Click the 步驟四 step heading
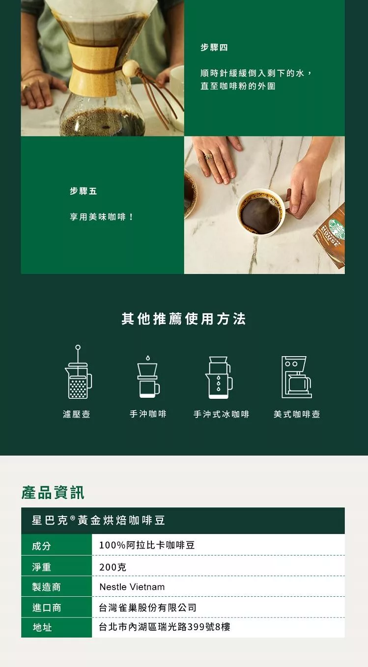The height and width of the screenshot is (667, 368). point(214,47)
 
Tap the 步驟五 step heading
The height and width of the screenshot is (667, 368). point(83,191)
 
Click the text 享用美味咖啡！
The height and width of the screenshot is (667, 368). point(102,217)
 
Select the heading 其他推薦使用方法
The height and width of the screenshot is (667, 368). point(184,319)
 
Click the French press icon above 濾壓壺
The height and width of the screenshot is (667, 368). point(78,372)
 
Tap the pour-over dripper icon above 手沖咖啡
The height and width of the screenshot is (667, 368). point(148,377)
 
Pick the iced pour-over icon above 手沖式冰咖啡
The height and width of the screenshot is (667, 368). point(219,377)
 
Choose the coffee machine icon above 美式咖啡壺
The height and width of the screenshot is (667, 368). point(297,377)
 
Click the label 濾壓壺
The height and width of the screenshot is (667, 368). point(77,414)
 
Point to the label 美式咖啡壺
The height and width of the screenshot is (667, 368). point(297,414)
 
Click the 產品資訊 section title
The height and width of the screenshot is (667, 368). point(53,492)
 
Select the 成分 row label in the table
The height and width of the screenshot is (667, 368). point(41,546)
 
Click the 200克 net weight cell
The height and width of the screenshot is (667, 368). point(113,567)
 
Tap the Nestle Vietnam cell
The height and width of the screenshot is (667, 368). point(132,587)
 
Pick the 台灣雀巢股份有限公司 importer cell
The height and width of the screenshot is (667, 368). point(147,608)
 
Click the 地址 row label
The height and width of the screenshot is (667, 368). point(42,627)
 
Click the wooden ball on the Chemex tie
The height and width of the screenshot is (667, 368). point(130,69)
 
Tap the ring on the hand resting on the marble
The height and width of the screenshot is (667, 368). point(208,156)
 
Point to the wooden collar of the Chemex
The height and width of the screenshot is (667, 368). point(93,69)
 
